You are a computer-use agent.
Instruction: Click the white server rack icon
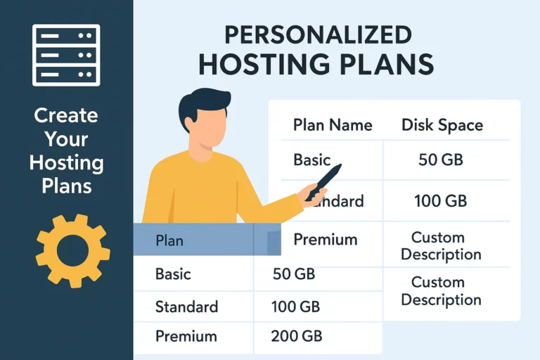67,55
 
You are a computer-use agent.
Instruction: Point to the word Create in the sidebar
66,115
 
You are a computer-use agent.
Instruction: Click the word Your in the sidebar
66,140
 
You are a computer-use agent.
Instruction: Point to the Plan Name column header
332,125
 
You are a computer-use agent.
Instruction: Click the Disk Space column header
442,125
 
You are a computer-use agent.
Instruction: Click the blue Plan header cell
193,240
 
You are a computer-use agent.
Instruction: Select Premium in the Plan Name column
325,240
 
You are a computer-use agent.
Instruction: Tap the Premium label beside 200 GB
186,336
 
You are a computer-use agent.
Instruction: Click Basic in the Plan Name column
311,160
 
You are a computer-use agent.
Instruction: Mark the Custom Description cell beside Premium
442,245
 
